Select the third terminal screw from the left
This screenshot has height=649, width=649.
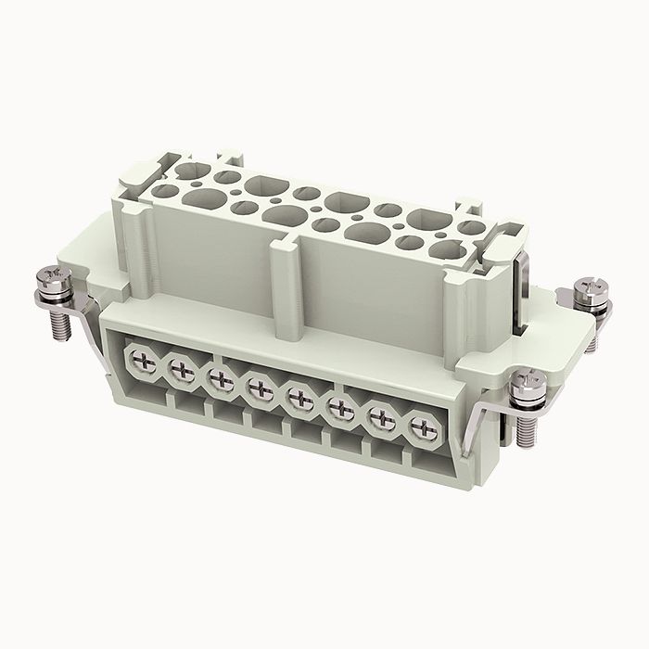pyautogui.click(x=219, y=381)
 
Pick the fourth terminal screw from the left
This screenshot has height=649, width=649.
pyautogui.click(x=259, y=390)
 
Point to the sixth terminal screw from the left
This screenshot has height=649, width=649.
pyautogui.click(x=341, y=409)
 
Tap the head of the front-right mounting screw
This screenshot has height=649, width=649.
pyautogui.click(x=527, y=379)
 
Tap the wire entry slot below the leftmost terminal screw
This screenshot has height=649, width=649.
pyautogui.click(x=148, y=394)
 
